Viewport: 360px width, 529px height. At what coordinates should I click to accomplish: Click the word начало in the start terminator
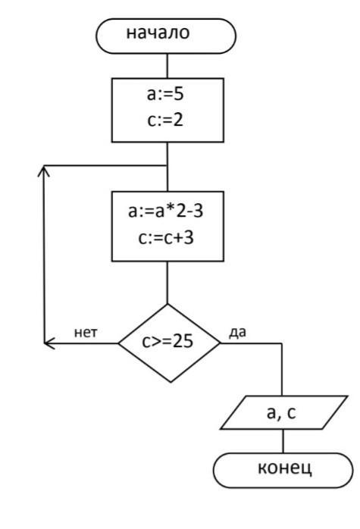158,33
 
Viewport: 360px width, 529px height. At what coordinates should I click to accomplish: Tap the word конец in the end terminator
285,468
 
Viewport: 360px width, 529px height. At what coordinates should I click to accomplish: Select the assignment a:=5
165,94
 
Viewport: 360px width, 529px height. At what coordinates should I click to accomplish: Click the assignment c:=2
165,120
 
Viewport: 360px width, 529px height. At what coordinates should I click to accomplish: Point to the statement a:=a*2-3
166,211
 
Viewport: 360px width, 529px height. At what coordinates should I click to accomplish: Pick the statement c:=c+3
166,237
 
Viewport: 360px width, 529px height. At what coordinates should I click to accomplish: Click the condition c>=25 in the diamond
167,341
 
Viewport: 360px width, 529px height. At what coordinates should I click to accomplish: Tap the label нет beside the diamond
86,333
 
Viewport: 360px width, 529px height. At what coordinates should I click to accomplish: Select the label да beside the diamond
237,333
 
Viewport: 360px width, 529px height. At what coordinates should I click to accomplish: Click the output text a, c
281,412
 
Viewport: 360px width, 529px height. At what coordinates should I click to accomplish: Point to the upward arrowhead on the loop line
44,171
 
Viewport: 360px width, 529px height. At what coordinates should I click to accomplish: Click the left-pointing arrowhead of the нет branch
49,343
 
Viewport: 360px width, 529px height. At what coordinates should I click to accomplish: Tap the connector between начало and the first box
167,66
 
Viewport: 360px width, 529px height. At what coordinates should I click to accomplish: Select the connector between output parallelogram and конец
283,441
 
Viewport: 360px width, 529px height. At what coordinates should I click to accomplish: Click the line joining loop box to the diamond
167,283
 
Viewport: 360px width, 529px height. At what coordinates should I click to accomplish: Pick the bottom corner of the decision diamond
171,382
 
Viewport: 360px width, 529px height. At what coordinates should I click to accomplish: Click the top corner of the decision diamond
167,305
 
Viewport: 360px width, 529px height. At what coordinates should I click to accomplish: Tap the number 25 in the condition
183,341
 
